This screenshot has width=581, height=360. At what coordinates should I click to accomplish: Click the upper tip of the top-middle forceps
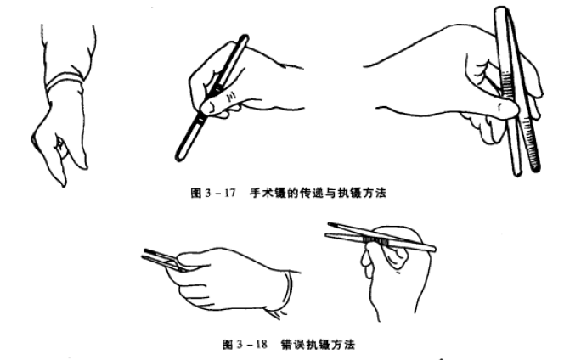[x=245, y=39]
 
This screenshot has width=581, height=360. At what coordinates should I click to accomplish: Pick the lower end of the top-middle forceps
[x=179, y=157]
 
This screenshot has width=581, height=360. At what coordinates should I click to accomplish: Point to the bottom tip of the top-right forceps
[x=514, y=172]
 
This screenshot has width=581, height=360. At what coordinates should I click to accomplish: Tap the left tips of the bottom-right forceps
[x=330, y=228]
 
